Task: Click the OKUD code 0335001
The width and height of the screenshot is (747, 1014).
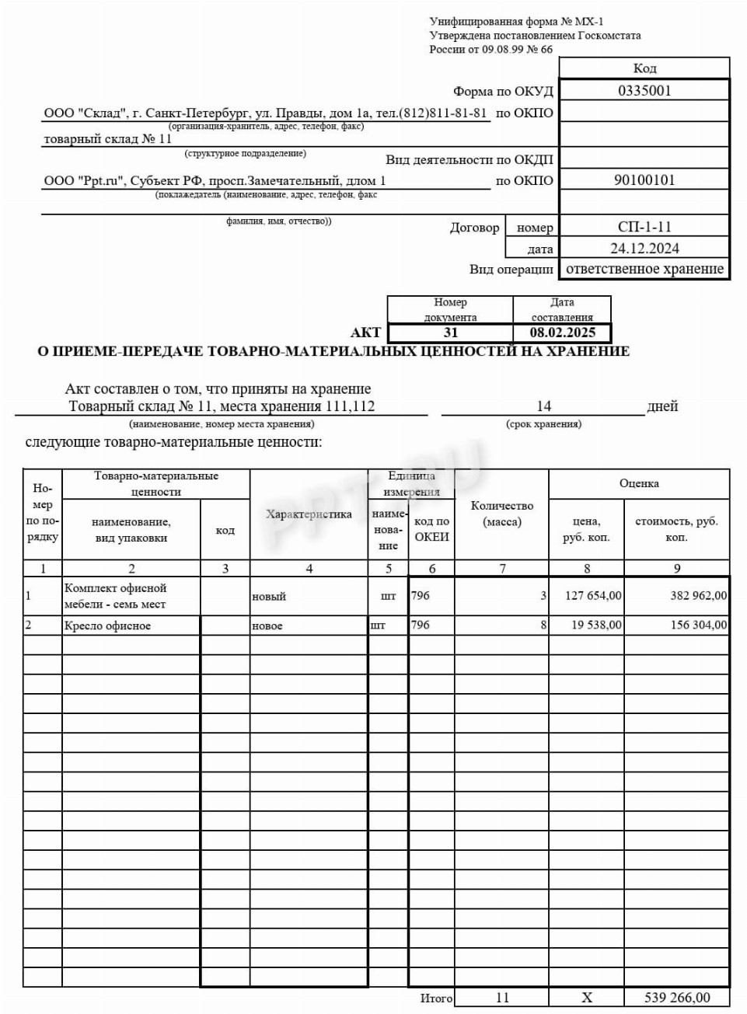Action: [644, 90]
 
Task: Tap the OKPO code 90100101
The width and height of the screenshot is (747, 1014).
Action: [644, 180]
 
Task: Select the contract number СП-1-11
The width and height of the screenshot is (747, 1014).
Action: [644, 227]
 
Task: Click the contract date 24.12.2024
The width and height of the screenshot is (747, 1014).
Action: [644, 249]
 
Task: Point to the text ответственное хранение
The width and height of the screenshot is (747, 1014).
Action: [644, 269]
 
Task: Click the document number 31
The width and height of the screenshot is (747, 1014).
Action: [451, 333]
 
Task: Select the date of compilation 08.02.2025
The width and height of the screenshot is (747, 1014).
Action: [563, 333]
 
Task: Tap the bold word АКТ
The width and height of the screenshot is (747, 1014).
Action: [365, 333]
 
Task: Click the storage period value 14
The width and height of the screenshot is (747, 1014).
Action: [543, 406]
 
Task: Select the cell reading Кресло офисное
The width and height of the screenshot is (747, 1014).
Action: [108, 625]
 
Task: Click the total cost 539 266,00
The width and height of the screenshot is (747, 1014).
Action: [677, 998]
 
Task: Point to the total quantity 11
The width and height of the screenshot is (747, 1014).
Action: [502, 998]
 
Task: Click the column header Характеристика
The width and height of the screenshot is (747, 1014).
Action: [309, 514]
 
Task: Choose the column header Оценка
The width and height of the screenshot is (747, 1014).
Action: [639, 483]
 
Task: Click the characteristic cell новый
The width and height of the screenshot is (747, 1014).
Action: [269, 597]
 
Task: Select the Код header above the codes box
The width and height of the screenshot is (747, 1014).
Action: [644, 68]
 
